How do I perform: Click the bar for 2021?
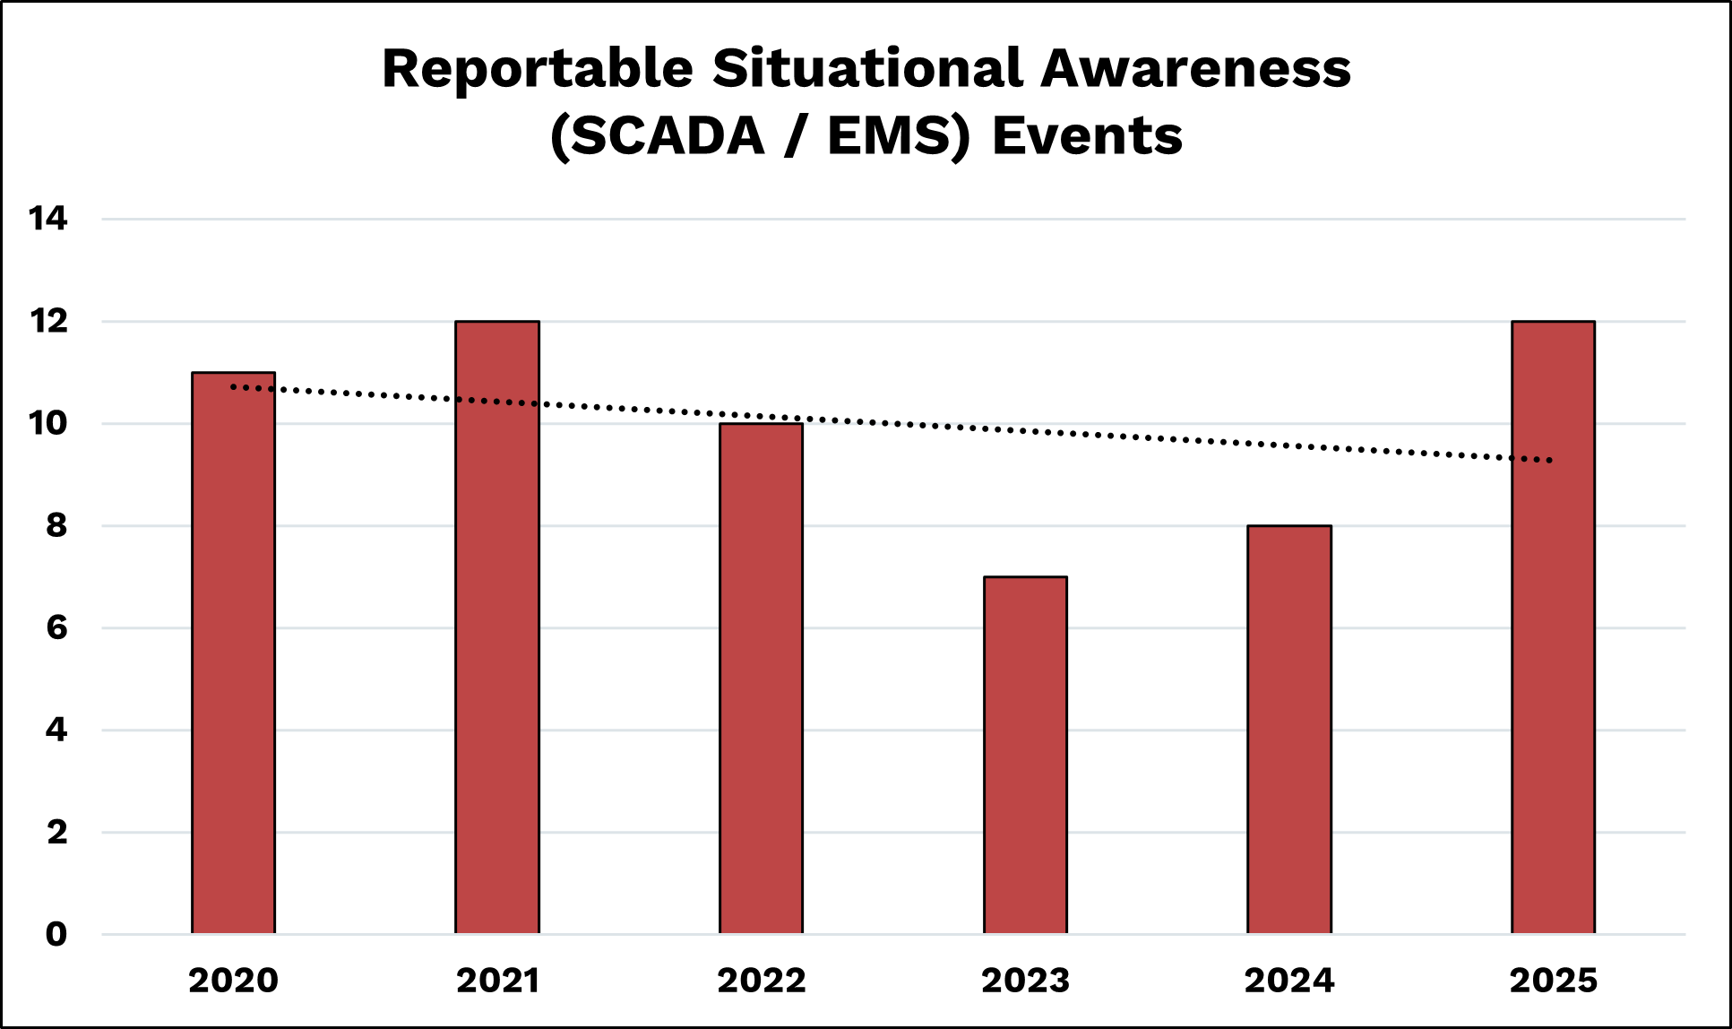[x=497, y=627]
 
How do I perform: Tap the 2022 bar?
[x=761, y=679]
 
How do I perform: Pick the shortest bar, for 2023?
[x=1025, y=755]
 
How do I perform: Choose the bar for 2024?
[x=1288, y=730]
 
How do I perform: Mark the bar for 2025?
[x=1553, y=627]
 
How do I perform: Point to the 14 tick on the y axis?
[x=47, y=219]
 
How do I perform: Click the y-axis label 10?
[x=47, y=423]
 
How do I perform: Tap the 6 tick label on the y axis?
[x=56, y=627]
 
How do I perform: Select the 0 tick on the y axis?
[x=56, y=934]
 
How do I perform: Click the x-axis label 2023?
[x=1025, y=981]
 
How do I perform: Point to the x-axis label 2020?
[x=233, y=981]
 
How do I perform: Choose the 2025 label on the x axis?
[x=1553, y=981]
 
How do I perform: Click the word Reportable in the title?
[x=537, y=69]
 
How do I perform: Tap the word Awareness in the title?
[x=1195, y=69]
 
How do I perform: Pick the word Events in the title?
[x=1087, y=136]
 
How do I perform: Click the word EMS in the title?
[x=896, y=136]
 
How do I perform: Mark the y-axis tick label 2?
[x=56, y=832]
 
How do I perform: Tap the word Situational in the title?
[x=867, y=69]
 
